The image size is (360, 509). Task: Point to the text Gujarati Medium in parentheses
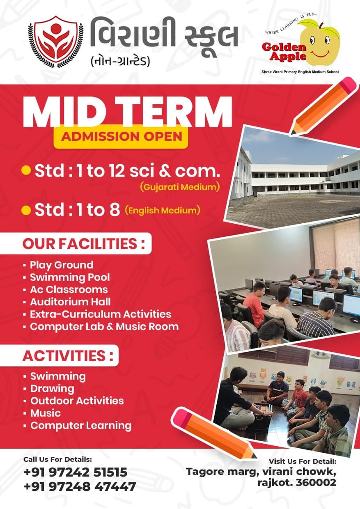click(180, 187)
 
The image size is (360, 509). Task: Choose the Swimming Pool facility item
click(70, 277)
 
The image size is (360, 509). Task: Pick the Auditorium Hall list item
click(70, 302)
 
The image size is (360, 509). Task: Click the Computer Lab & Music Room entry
click(104, 327)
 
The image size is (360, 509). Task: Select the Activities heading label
click(68, 355)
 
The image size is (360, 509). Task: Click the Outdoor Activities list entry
click(77, 401)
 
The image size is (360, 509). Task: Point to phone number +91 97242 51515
click(76, 472)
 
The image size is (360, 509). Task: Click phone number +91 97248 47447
click(80, 487)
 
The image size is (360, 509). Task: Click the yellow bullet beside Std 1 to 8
click(26, 211)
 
